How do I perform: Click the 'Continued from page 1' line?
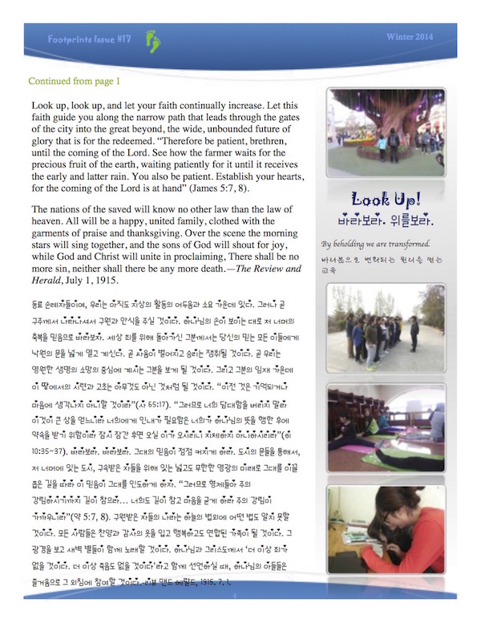click(x=75, y=81)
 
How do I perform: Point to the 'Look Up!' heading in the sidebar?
click(x=375, y=201)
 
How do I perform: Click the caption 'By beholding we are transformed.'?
click(x=374, y=244)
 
